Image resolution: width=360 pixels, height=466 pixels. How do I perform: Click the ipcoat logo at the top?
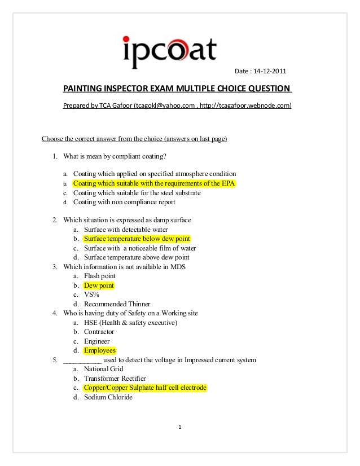169,51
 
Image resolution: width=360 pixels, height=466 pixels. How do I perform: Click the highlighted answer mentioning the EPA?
154,183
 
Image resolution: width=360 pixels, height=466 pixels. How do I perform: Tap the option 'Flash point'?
99,276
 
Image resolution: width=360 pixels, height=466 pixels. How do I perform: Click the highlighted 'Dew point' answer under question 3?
99,285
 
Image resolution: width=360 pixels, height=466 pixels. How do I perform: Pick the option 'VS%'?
91,294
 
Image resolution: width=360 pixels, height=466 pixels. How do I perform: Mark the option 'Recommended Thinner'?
117,304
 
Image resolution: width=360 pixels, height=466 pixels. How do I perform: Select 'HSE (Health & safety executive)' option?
130,323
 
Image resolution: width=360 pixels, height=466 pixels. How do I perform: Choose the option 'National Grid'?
103,369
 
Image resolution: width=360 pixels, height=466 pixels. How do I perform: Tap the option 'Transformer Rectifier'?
115,378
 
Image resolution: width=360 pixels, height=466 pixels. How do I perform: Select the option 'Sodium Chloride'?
108,397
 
